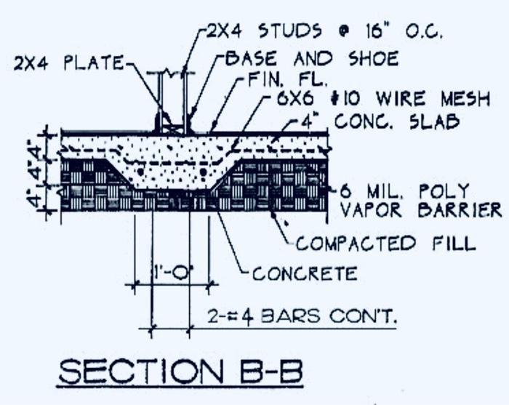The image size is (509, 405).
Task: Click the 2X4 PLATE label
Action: [69, 64]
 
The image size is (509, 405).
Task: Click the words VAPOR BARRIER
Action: [421, 210]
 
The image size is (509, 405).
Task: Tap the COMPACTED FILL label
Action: [385, 243]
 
